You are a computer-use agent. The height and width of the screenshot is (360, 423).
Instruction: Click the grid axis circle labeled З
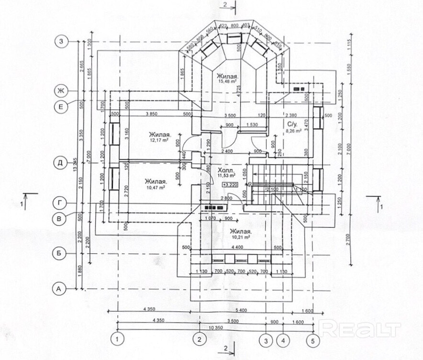click(x=60, y=41)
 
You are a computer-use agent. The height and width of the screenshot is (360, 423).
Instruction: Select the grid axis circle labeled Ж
click(x=60, y=90)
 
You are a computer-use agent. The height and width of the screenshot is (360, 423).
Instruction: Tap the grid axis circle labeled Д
click(x=60, y=162)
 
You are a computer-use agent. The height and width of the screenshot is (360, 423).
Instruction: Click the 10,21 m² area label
click(x=241, y=237)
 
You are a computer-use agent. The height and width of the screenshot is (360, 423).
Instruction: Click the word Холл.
click(x=225, y=170)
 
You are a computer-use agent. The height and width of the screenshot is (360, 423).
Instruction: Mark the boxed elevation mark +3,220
click(x=230, y=184)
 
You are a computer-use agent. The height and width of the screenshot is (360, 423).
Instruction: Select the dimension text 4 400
click(x=235, y=247)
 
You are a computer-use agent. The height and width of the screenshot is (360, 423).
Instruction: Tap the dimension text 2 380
click(x=292, y=114)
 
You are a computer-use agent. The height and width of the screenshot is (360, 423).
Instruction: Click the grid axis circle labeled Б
click(x=60, y=254)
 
